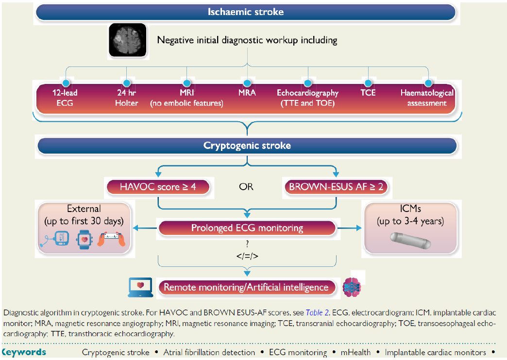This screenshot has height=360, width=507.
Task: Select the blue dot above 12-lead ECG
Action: [x=66, y=83]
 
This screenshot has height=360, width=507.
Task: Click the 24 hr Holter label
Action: [x=127, y=98]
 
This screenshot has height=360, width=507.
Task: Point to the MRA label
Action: [x=247, y=93]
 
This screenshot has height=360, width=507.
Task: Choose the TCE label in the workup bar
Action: [x=368, y=93]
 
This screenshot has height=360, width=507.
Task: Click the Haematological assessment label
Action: [x=427, y=98]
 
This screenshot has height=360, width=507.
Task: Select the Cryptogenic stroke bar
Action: [x=247, y=146]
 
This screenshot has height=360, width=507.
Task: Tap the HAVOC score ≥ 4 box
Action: [x=158, y=186]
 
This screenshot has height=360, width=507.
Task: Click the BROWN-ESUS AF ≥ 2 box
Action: [x=336, y=186]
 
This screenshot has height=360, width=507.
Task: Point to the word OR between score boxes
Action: [x=246, y=187]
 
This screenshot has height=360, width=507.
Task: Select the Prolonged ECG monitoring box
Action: [x=247, y=228]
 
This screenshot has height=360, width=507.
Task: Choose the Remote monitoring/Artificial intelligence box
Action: [x=247, y=287]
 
